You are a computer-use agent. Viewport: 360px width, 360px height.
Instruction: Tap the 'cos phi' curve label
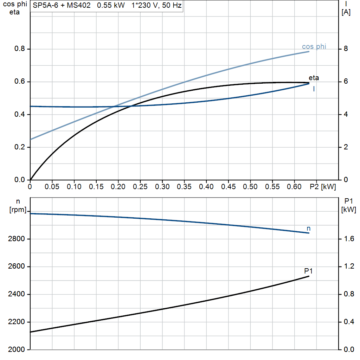point(314,47)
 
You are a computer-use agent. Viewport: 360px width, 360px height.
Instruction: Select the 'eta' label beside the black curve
point(314,78)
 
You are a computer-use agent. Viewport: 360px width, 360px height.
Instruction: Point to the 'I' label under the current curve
point(314,89)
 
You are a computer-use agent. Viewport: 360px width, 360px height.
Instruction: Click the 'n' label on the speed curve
point(309,229)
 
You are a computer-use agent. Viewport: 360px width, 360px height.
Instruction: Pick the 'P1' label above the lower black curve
point(309,271)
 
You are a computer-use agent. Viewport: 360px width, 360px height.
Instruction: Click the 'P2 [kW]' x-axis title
point(323,187)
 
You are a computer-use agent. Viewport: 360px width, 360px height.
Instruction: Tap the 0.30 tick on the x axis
point(162,187)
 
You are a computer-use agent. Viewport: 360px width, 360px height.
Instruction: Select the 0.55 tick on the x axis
point(273,187)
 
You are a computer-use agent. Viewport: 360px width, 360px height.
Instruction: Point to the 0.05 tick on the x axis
point(52,187)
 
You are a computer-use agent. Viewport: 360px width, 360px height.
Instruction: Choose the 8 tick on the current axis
point(346,49)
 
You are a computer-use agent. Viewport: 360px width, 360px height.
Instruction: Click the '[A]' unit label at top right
point(346,12)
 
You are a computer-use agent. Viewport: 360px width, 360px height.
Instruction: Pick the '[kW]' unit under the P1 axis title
point(349,210)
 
